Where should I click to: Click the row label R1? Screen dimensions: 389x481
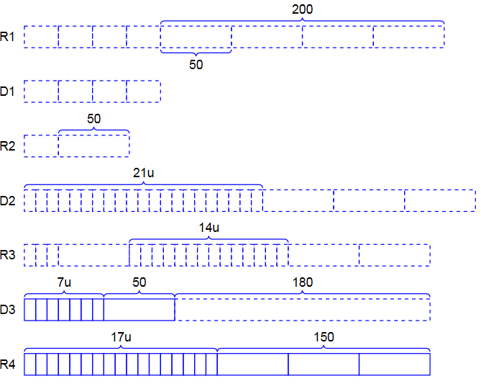tap(8, 37)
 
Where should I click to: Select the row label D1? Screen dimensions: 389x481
tap(8, 91)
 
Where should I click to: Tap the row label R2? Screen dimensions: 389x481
tap(8, 146)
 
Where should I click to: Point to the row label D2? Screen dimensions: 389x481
tap(8, 200)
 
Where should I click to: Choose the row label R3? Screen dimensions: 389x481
tap(8, 255)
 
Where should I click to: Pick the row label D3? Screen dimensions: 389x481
tap(8, 310)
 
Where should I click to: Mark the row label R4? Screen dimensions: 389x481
tap(8, 365)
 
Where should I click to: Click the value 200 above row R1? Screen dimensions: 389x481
tap(303, 9)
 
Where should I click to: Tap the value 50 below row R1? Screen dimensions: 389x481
tap(196, 64)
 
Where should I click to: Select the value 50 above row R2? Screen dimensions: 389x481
tap(94, 119)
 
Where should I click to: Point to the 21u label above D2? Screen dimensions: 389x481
tap(144, 174)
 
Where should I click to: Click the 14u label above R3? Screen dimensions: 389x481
tap(209, 228)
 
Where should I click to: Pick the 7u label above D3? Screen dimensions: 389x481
tap(64, 282)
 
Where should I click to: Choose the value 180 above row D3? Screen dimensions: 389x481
tap(303, 282)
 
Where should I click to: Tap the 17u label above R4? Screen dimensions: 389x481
tap(121, 337)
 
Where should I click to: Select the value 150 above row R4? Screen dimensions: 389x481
tap(324, 337)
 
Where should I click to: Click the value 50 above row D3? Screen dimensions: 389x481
tap(139, 282)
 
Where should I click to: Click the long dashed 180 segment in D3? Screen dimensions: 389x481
tap(303, 310)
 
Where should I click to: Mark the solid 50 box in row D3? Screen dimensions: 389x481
tap(139, 310)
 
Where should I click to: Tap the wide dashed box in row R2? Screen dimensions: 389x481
tap(94, 146)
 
